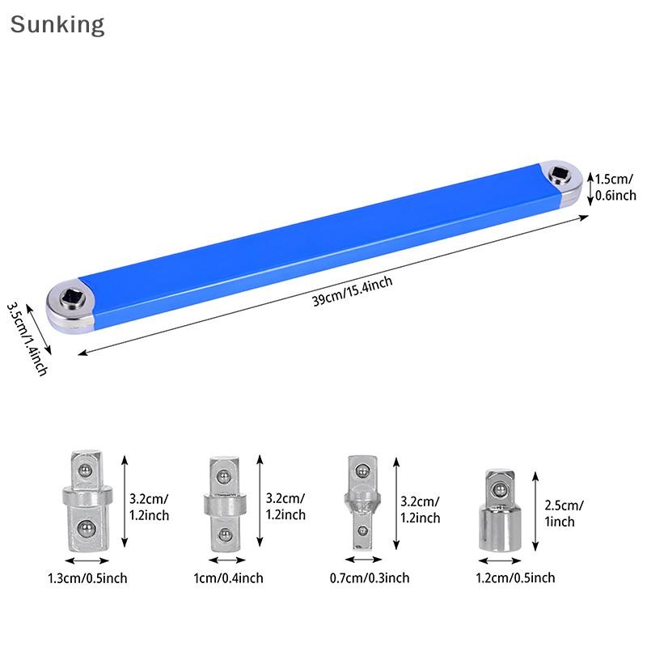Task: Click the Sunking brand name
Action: [x=57, y=25]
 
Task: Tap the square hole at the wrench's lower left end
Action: [x=72, y=298]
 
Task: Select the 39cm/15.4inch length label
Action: [x=353, y=291]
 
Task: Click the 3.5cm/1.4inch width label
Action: [x=27, y=339]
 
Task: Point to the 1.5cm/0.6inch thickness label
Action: [x=615, y=188]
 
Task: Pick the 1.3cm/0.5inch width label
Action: [x=87, y=578]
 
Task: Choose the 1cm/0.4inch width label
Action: [x=228, y=577]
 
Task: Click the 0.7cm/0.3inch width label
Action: [x=370, y=577]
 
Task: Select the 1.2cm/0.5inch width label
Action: [x=515, y=577]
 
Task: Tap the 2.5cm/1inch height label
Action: [x=564, y=514]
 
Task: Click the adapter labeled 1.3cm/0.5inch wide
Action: [x=87, y=501]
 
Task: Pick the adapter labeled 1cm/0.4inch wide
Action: [x=225, y=504]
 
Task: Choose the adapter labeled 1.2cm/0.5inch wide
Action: [x=500, y=510]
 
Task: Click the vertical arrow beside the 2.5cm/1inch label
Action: [x=535, y=512]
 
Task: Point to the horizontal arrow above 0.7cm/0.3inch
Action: [x=363, y=560]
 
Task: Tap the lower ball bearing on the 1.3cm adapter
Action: [x=86, y=529]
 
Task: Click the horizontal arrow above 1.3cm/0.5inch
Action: [x=87, y=560]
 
